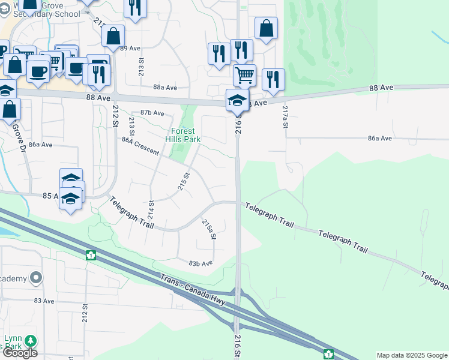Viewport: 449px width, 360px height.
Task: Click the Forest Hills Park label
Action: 183,135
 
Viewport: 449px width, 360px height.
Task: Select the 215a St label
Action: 208,229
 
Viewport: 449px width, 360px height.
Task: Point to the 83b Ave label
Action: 200,263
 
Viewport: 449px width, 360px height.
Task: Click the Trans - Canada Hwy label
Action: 193,290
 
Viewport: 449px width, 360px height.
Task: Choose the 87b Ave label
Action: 152,113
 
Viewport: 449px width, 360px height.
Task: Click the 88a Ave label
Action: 165,88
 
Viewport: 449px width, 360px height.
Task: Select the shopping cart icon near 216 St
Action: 244,75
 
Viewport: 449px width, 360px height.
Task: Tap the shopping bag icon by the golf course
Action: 266,28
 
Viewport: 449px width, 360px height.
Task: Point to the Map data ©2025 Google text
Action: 412,355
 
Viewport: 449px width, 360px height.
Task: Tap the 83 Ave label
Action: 44,301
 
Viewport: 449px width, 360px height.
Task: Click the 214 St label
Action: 151,211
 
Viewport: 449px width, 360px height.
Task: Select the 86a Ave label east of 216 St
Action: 379,138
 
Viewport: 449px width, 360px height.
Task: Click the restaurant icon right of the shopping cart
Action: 273,79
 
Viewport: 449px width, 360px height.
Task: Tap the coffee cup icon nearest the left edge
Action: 38,71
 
